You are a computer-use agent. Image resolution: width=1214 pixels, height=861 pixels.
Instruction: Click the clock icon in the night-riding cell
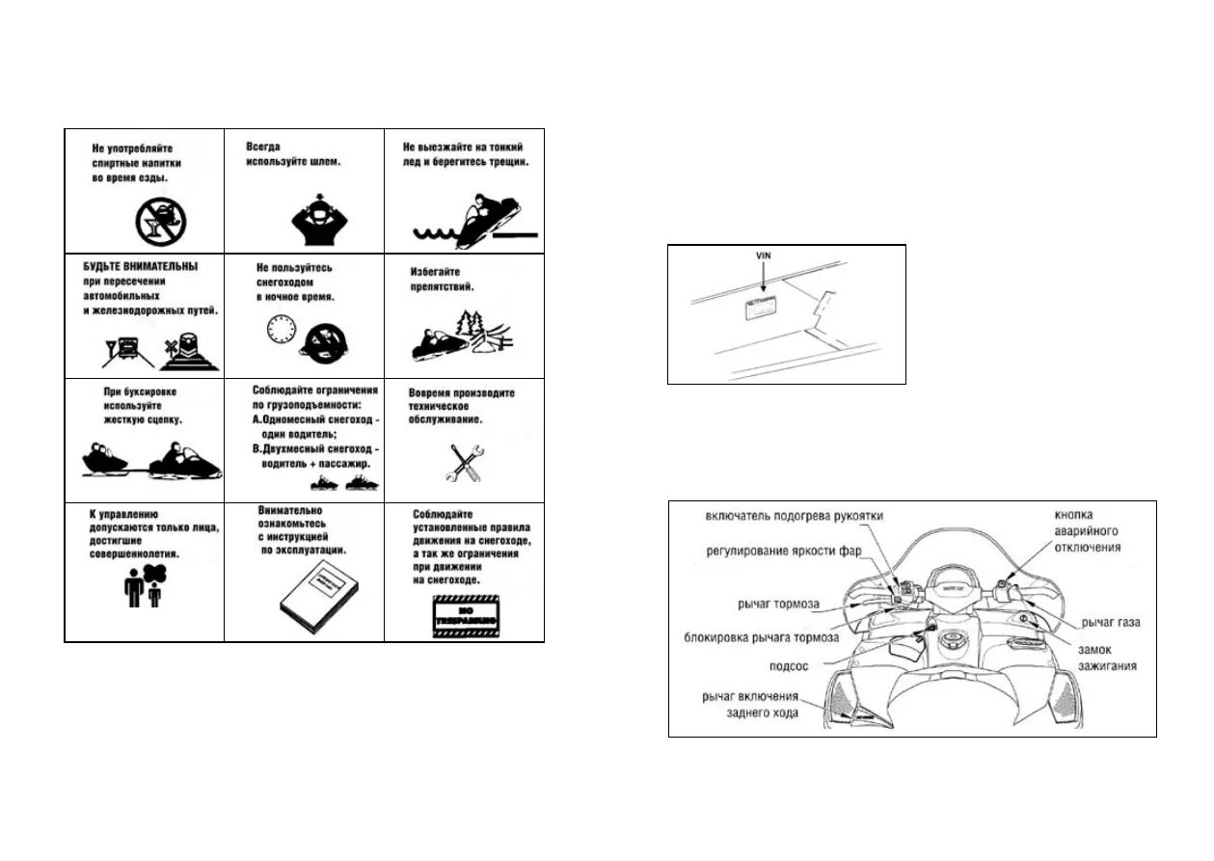point(281,330)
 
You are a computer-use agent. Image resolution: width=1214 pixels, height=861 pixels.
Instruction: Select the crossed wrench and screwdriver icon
point(464,463)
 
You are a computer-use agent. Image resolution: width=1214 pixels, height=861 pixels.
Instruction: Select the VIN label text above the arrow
point(763,255)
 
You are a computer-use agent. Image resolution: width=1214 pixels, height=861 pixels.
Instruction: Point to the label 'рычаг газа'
point(1111,623)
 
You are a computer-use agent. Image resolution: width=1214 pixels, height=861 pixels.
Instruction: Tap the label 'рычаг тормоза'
point(779,605)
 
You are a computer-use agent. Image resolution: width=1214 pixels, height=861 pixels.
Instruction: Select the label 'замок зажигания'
point(1109,658)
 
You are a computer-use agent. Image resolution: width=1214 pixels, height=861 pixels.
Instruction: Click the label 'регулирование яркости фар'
point(782,552)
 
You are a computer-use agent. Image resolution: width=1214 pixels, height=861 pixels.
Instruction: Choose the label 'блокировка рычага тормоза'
point(761,637)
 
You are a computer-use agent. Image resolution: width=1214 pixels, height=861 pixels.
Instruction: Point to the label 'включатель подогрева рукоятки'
point(793,517)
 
